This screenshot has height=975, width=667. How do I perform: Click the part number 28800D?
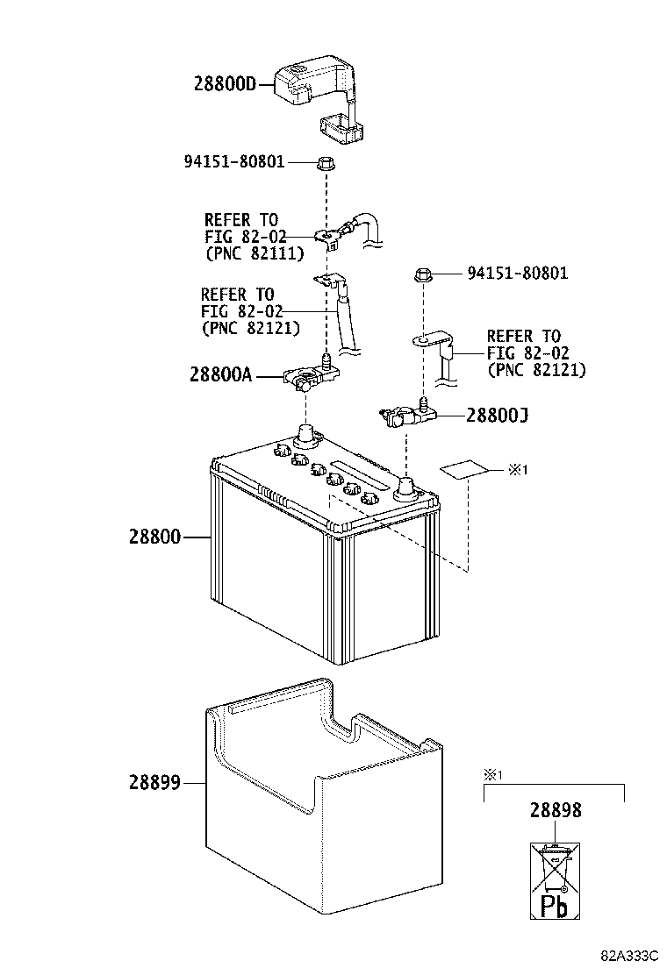pyautogui.click(x=224, y=84)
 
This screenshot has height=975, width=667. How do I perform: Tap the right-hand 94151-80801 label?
pyautogui.click(x=517, y=274)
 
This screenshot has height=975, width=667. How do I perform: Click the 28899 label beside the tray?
pyautogui.click(x=155, y=782)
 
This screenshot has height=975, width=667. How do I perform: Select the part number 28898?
pyautogui.click(x=555, y=812)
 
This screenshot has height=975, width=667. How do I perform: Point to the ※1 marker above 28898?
pyautogui.click(x=492, y=775)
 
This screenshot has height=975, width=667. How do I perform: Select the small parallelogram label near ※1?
pyautogui.click(x=464, y=470)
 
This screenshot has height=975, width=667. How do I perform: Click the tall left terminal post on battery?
pyautogui.click(x=305, y=435)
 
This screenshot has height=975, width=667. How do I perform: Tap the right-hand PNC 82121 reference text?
pyautogui.click(x=535, y=370)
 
